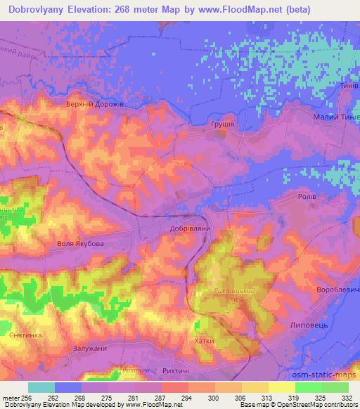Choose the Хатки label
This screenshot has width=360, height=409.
[x=205, y=341]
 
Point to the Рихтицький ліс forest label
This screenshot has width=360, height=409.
[x=223, y=294]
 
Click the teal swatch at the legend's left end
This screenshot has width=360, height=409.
[x=41, y=387]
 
